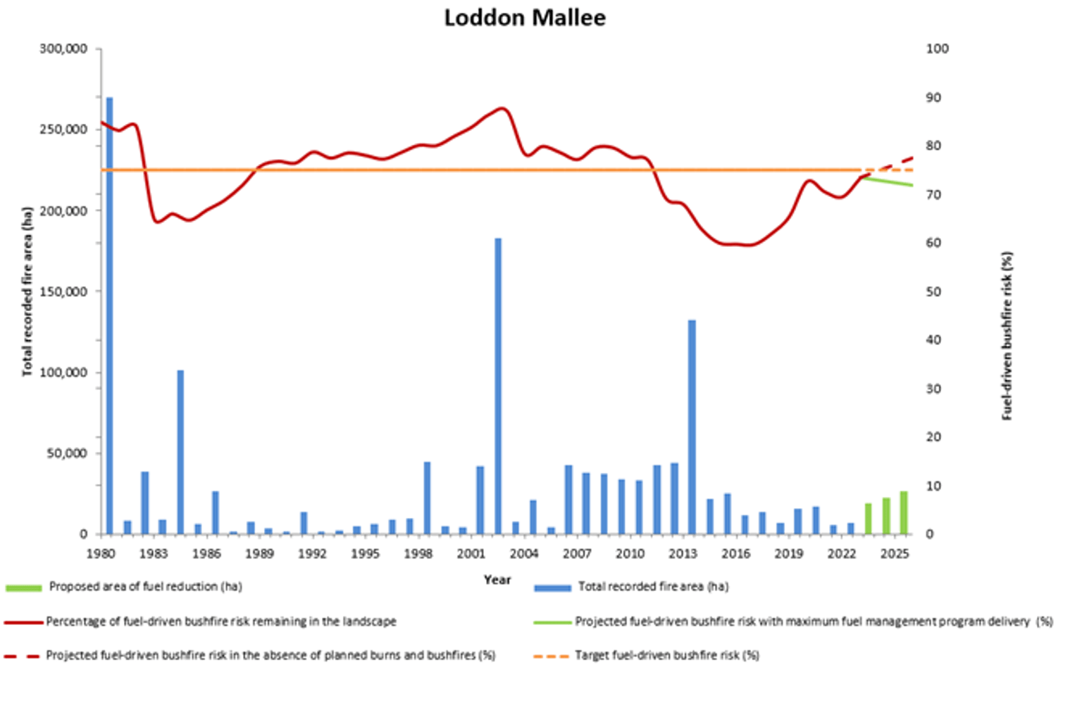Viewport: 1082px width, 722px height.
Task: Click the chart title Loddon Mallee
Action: click(525, 18)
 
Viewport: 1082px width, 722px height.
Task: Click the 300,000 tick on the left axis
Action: click(63, 49)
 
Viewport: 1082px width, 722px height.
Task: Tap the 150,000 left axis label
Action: click(63, 291)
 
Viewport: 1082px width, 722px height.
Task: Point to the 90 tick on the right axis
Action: click(933, 97)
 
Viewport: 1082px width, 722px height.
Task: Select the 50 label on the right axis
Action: click(933, 291)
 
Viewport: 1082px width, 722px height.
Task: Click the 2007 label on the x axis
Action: click(577, 554)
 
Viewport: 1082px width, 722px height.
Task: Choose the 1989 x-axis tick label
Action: click(259, 554)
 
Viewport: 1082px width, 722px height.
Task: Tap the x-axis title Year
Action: click(497, 580)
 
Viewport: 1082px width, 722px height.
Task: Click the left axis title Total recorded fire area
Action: click(27, 291)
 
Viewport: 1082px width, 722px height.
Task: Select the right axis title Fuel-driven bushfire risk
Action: click(1007, 336)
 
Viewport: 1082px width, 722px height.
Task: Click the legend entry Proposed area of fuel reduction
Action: click(145, 587)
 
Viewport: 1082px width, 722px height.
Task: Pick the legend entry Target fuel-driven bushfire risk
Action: click(666, 656)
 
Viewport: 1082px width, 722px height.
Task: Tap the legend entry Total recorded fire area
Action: click(653, 587)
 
